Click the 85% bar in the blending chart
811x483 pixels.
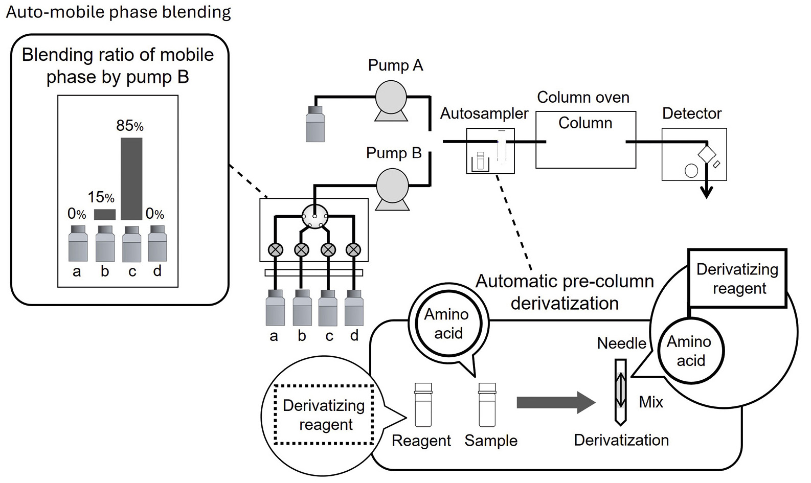click(131, 178)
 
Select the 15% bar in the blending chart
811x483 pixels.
click(105, 214)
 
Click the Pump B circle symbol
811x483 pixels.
click(392, 185)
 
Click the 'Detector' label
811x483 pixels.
click(691, 113)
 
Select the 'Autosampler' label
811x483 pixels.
click(484, 113)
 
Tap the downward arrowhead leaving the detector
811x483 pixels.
click(706, 193)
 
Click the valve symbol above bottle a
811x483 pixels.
click(276, 250)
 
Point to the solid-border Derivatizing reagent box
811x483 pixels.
click(737, 279)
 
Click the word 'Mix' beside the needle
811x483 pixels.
click(650, 402)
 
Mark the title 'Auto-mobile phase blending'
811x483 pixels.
click(118, 12)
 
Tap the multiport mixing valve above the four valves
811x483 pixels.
click(314, 217)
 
